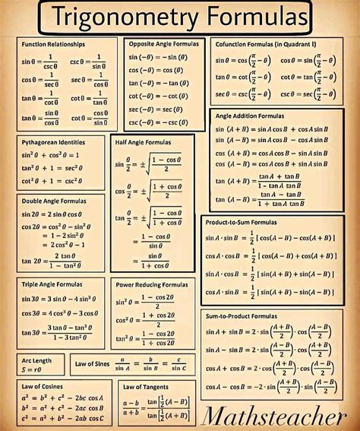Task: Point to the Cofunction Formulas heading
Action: tap(266, 45)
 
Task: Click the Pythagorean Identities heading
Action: tap(53, 141)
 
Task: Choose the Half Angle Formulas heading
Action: tap(144, 142)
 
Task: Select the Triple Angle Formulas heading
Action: tap(51, 284)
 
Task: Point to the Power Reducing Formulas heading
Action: tap(149, 284)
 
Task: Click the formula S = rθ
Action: tap(33, 369)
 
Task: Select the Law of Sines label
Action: tap(90, 364)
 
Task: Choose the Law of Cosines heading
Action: tap(42, 386)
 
